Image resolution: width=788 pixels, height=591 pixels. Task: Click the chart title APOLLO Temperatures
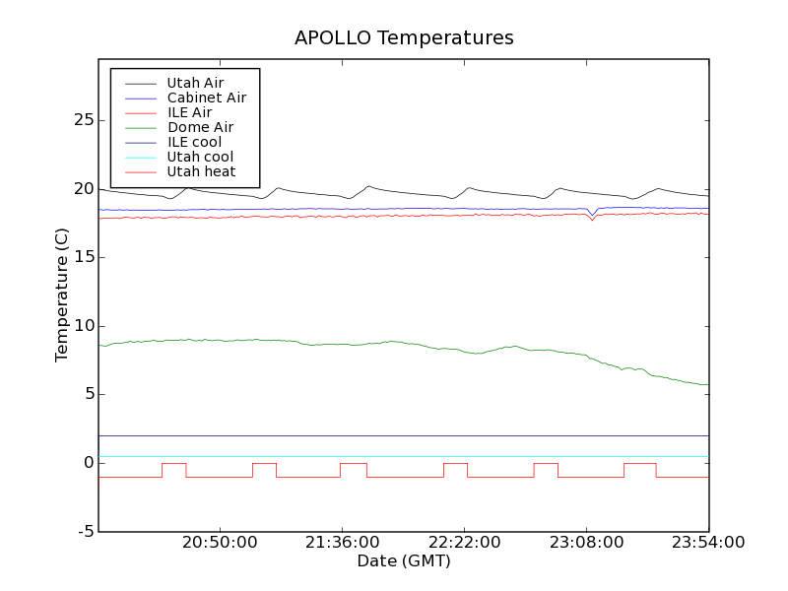(x=404, y=38)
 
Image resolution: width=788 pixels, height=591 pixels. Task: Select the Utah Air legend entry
(x=195, y=83)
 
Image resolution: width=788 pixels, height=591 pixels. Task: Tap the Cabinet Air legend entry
(x=206, y=98)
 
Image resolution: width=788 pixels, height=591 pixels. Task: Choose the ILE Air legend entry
(x=189, y=112)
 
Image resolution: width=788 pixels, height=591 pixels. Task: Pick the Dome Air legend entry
(x=200, y=127)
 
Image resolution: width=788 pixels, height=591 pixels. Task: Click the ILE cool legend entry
(x=194, y=142)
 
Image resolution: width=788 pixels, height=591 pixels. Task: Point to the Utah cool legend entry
(x=200, y=157)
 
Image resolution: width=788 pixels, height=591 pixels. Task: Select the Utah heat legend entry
(x=200, y=171)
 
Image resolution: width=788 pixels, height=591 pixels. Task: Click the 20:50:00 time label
(x=219, y=543)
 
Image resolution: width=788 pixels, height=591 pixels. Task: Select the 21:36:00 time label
(x=341, y=543)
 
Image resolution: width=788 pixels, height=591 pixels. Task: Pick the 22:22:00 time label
(x=464, y=543)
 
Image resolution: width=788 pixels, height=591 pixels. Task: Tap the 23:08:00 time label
(x=586, y=543)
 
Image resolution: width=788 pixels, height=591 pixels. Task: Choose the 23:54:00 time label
(x=707, y=543)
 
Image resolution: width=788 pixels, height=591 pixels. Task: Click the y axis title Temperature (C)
(x=62, y=295)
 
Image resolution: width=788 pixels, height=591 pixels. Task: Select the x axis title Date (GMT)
(x=404, y=561)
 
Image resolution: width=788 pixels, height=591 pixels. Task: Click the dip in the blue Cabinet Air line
(x=591, y=214)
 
